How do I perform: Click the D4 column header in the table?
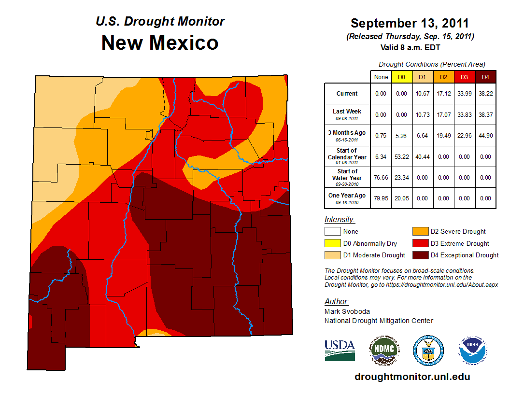click(x=485, y=77)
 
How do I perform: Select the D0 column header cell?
click(x=401, y=77)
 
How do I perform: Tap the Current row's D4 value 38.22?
click(x=485, y=94)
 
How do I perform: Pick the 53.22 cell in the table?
click(x=401, y=157)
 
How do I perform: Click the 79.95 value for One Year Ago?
click(x=381, y=198)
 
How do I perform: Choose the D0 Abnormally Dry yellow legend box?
click(x=332, y=243)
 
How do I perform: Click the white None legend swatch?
click(x=332, y=232)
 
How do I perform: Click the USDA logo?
click(x=340, y=350)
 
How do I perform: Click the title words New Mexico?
click(x=160, y=43)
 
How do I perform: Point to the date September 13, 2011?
click(x=410, y=23)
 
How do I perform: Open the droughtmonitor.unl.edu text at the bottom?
click(x=412, y=377)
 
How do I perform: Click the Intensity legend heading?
click(x=340, y=220)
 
